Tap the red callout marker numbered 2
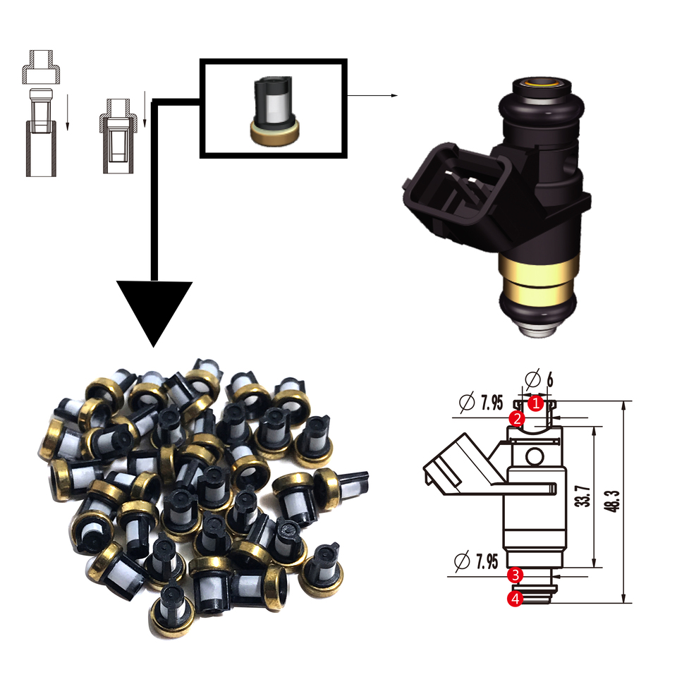[x=517, y=418]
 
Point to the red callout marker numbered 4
[x=516, y=599]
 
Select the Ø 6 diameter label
[x=539, y=379]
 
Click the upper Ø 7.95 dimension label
[x=481, y=403]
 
